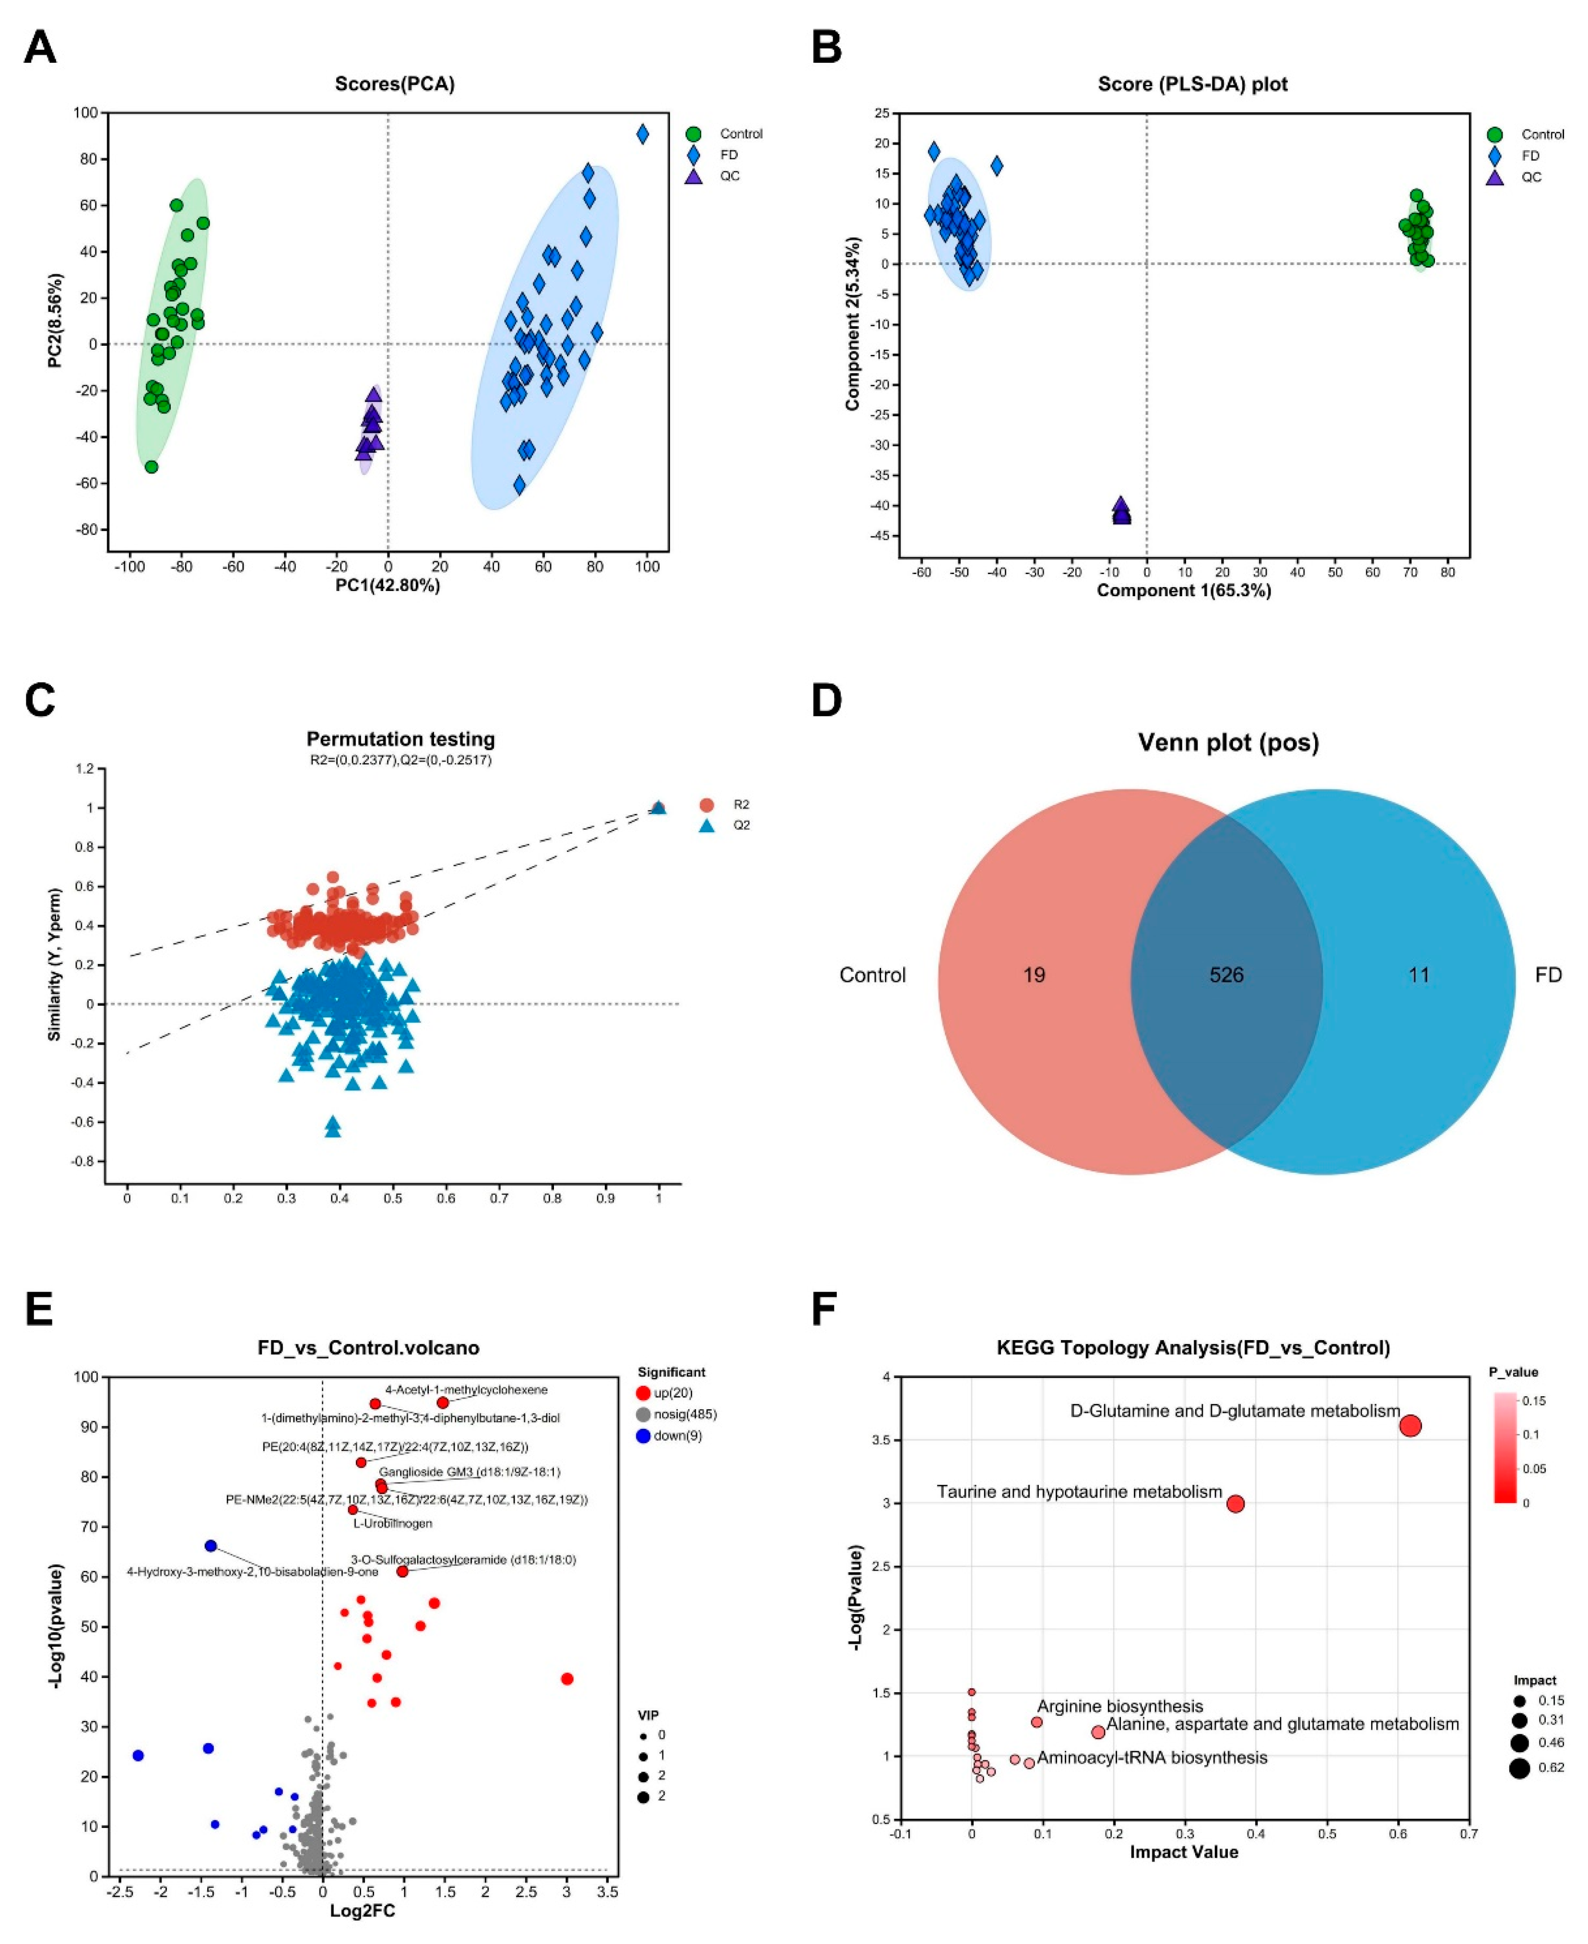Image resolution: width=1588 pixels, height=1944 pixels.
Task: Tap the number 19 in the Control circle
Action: (1034, 975)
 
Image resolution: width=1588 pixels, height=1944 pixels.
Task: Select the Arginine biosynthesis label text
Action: (1119, 1706)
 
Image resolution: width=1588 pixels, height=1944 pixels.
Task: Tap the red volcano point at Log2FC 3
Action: (566, 1679)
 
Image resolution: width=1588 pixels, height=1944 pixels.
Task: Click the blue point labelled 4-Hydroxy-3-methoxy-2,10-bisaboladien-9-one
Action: (211, 1546)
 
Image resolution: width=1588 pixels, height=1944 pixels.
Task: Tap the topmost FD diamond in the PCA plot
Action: (642, 134)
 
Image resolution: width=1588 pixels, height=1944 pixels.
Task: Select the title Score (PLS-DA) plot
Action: (1192, 84)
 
